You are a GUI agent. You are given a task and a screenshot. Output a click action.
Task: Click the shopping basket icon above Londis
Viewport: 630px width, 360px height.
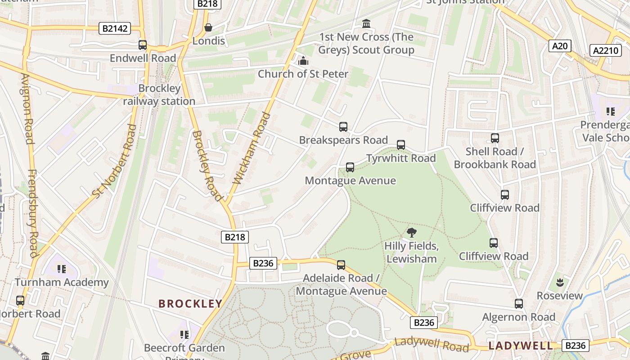click(x=208, y=28)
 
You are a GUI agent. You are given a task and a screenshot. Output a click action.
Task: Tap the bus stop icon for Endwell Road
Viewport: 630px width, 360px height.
click(x=143, y=45)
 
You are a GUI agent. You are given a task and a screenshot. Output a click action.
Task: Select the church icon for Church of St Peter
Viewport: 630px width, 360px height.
click(x=303, y=61)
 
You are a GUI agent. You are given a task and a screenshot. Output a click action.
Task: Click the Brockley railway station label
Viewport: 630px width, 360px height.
click(x=159, y=95)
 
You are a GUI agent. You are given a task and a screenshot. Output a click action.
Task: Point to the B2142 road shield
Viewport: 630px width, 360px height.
click(x=115, y=29)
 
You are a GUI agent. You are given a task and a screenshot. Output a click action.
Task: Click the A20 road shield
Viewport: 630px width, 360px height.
click(x=560, y=45)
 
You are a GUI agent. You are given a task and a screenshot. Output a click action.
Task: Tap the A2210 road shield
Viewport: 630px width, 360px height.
click(x=606, y=50)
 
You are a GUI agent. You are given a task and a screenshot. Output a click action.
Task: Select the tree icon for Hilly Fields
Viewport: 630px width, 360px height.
click(x=411, y=233)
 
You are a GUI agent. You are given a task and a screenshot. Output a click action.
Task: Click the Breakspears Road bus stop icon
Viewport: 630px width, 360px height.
click(x=343, y=127)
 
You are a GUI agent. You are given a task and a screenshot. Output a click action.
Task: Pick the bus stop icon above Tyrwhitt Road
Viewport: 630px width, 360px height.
click(x=401, y=145)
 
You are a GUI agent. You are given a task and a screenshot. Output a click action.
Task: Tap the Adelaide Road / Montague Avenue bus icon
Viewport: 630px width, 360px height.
click(x=341, y=265)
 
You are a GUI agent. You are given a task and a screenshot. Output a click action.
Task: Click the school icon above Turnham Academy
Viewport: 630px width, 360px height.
click(x=62, y=269)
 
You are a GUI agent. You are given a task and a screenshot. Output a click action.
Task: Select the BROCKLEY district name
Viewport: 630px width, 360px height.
click(x=190, y=304)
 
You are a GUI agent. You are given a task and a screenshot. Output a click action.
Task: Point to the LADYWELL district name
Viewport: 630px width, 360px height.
click(x=520, y=346)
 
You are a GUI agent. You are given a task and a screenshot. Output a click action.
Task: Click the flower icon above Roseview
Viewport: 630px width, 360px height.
click(x=560, y=283)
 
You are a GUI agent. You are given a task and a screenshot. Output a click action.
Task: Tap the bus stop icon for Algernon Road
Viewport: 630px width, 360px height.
click(x=519, y=304)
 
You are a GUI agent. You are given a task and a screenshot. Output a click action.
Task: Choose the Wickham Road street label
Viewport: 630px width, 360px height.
click(x=252, y=148)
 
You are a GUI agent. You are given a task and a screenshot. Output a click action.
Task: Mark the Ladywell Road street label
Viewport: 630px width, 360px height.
click(x=432, y=345)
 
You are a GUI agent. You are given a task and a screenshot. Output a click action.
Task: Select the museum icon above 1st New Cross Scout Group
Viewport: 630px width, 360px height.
click(x=366, y=23)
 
